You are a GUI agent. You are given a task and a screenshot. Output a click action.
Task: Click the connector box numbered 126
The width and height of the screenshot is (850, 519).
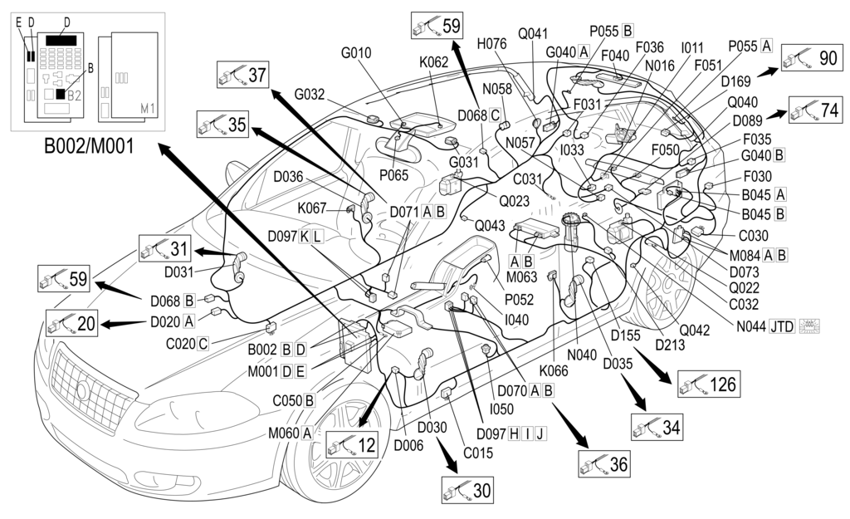pos(707,383)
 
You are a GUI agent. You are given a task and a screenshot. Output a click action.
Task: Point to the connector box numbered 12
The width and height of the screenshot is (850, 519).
pos(352,445)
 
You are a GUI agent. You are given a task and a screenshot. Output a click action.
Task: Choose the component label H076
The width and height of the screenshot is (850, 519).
pos(492,44)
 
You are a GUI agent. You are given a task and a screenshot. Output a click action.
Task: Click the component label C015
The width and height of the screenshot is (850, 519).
pos(478,453)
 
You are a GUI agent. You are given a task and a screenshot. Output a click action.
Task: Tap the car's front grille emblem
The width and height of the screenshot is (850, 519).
pos(83,390)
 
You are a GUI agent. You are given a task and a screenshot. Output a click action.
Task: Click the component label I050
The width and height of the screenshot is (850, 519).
pos(502,409)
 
